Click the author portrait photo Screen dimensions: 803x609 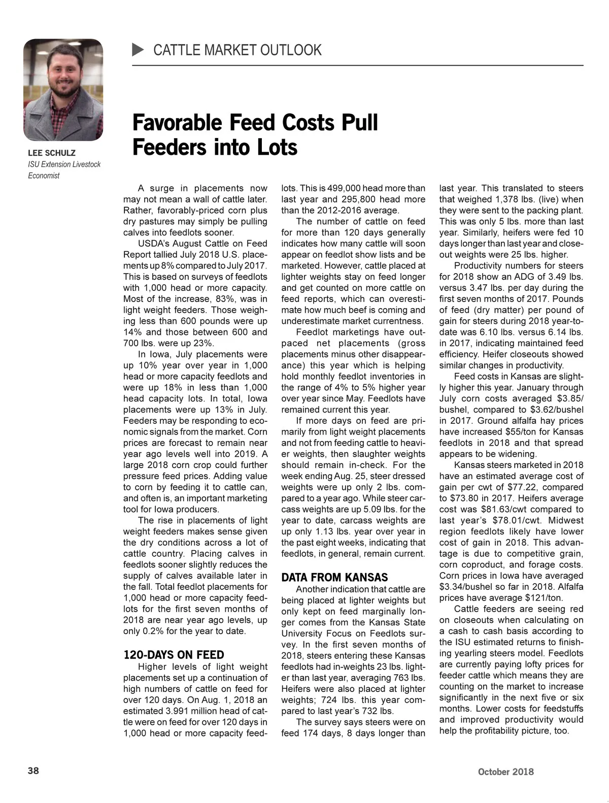tap(63, 90)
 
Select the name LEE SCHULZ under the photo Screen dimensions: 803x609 tap(52, 153)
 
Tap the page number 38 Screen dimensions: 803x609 tap(33, 771)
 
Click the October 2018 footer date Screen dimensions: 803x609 tap(505, 772)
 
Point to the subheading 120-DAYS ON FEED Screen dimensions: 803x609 tap(174, 655)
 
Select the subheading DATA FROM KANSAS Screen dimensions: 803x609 tap(334, 577)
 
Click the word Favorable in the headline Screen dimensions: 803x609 tap(178, 123)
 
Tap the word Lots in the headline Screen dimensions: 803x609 tap(277, 148)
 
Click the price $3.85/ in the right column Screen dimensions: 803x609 tap(564, 398)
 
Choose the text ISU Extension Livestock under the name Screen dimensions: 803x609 tap(64, 164)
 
